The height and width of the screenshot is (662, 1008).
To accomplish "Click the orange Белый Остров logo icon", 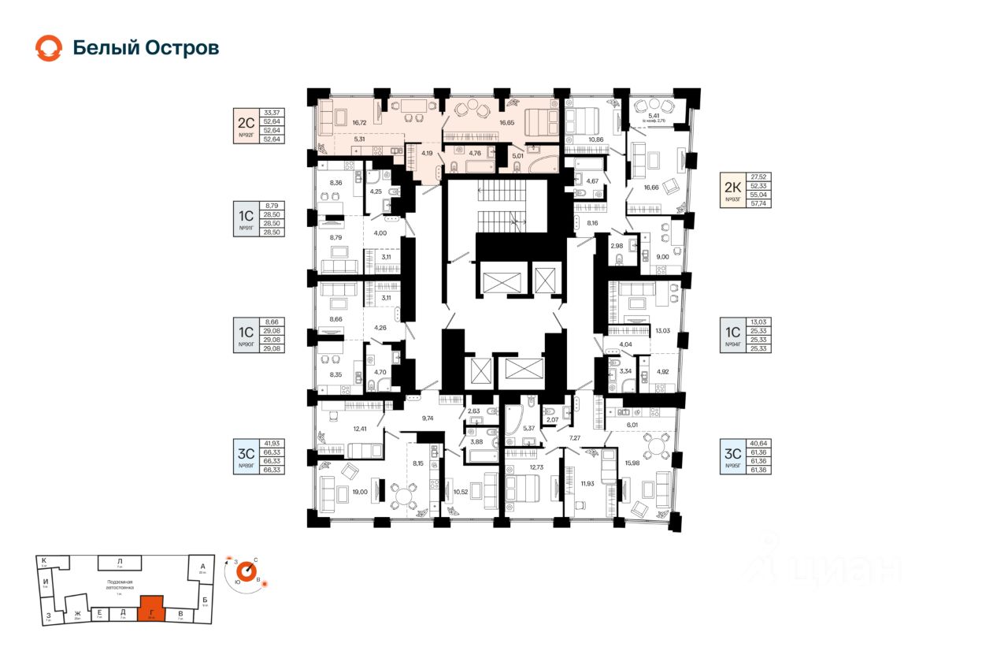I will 48,48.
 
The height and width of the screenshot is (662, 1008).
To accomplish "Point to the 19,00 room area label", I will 360,492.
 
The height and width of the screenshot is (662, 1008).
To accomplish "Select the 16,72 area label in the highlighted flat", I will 360,123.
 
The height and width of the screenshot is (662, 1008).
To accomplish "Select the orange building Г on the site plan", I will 150,608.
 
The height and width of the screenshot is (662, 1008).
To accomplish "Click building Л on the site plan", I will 119,562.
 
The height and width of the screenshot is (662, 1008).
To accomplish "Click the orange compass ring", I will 248,569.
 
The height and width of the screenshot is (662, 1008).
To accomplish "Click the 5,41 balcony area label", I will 654,116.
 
